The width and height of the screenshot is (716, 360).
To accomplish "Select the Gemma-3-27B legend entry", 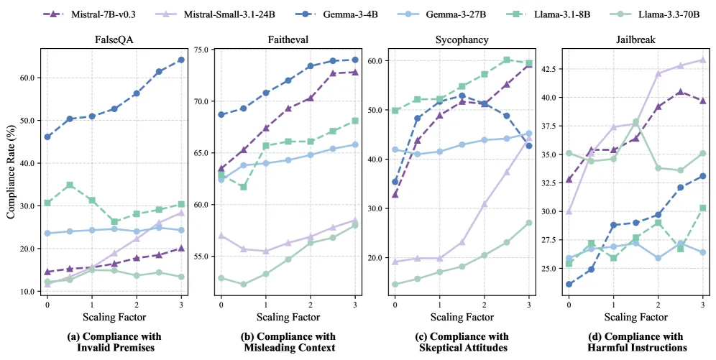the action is tap(446, 14).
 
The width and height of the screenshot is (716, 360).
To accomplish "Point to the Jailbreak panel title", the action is tap(635, 40).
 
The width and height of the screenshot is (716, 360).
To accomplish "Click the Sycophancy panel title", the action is tap(462, 40).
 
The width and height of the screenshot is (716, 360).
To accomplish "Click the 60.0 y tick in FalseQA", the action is tap(27, 78).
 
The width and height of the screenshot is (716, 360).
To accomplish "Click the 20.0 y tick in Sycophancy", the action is tap(375, 258).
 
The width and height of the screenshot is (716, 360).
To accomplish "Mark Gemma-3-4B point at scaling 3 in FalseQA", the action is tap(181, 60).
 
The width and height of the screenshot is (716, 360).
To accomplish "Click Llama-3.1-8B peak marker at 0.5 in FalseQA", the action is tap(70, 185).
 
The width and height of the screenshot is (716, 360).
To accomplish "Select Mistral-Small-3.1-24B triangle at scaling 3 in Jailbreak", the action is tap(703, 60).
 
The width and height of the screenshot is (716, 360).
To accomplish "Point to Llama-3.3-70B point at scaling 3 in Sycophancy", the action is tap(529, 223).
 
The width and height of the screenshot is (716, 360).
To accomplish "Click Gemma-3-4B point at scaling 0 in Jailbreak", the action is tap(569, 285).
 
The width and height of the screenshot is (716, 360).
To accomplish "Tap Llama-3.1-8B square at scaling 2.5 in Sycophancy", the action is tap(506, 60).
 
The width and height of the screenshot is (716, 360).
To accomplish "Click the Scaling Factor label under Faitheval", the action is tap(288, 317).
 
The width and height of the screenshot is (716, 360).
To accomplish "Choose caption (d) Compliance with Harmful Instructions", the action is tap(636, 342).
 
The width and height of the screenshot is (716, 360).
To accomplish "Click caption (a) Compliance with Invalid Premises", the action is tap(114, 342).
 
